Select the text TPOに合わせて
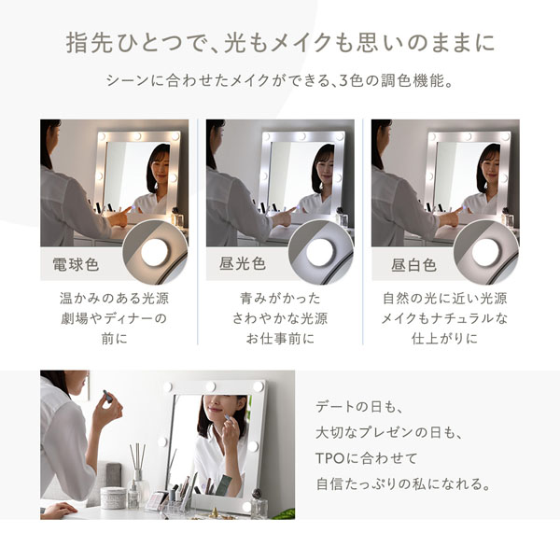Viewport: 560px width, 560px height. (x=367, y=460)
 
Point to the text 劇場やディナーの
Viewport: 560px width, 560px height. (x=114, y=319)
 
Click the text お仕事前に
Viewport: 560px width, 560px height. (x=279, y=339)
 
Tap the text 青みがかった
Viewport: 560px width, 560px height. (x=279, y=300)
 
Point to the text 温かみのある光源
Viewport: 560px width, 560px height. (x=114, y=300)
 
